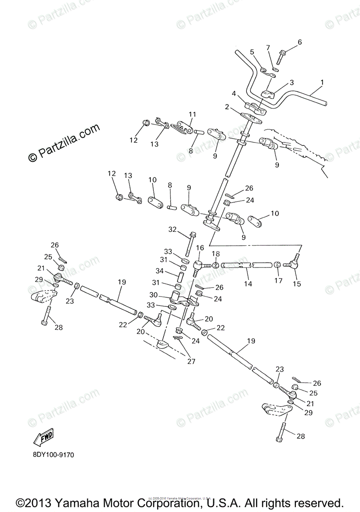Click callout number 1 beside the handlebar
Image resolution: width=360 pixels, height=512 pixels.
click(x=322, y=81)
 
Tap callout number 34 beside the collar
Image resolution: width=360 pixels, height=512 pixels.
click(x=159, y=271)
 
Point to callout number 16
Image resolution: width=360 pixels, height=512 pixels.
click(x=200, y=247)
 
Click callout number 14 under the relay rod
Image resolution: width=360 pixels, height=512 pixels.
click(x=248, y=283)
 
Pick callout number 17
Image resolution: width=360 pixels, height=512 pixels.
click(x=278, y=280)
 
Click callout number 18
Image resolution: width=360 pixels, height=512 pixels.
click(x=216, y=254)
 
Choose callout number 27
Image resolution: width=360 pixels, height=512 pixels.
click(x=191, y=361)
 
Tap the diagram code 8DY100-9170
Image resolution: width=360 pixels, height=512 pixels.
click(x=53, y=455)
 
